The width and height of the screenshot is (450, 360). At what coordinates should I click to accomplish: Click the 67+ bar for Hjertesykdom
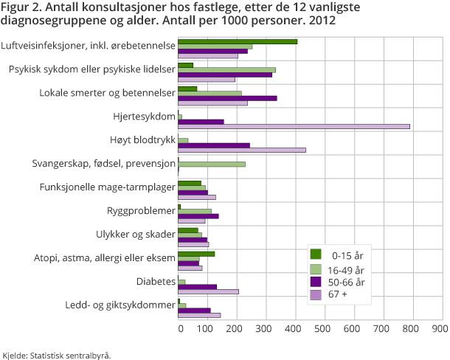click(x=294, y=126)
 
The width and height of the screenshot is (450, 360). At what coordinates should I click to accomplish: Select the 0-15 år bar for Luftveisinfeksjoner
click(x=238, y=41)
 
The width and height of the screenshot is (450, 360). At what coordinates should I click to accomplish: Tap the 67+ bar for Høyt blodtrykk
click(x=242, y=150)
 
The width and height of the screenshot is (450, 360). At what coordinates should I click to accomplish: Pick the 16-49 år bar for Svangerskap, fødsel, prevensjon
click(x=212, y=164)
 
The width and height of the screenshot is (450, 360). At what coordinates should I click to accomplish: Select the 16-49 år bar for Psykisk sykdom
click(x=226, y=70)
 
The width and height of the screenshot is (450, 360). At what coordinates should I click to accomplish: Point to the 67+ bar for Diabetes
click(x=209, y=291)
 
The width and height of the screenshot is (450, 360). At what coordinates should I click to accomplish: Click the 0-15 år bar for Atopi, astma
click(x=196, y=254)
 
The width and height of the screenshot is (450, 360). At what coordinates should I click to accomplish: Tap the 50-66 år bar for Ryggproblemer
click(x=198, y=216)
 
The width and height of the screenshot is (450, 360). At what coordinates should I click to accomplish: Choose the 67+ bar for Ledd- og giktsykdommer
click(x=199, y=315)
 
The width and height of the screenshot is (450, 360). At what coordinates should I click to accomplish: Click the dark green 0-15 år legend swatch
click(x=315, y=255)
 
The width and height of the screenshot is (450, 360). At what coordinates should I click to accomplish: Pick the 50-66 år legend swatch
click(x=315, y=282)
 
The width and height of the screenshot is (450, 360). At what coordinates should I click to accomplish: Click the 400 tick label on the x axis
click(x=295, y=328)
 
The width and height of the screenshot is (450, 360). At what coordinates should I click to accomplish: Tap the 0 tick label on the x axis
click(x=179, y=328)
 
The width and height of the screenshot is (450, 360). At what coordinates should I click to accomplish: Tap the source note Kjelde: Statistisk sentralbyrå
click(x=57, y=354)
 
